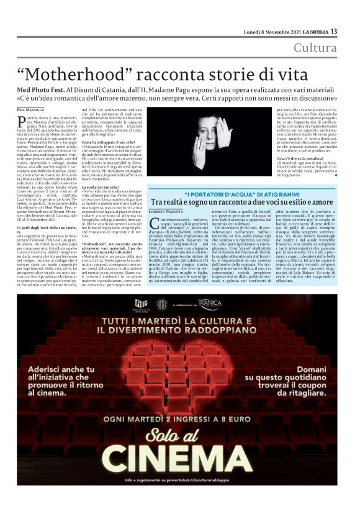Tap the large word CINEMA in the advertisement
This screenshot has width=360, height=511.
tap(180, 460)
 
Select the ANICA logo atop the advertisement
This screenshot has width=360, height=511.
tap(209, 303)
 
